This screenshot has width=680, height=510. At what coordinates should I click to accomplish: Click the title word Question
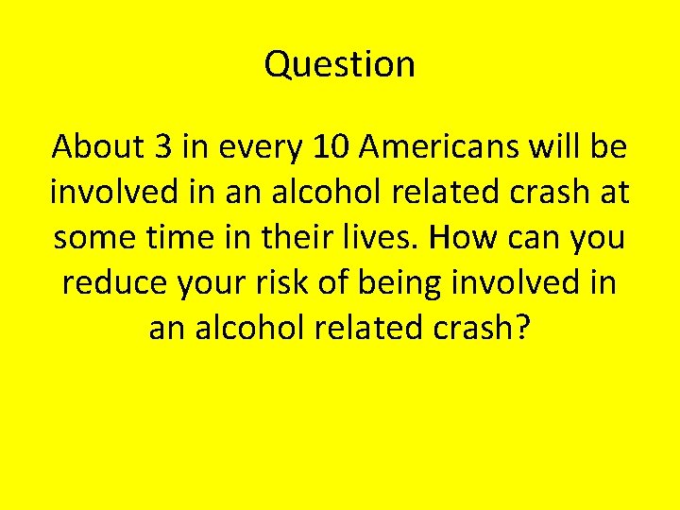click(340, 64)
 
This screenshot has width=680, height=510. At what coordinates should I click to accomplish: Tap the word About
click(94, 147)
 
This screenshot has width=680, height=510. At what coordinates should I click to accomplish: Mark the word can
click(536, 238)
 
